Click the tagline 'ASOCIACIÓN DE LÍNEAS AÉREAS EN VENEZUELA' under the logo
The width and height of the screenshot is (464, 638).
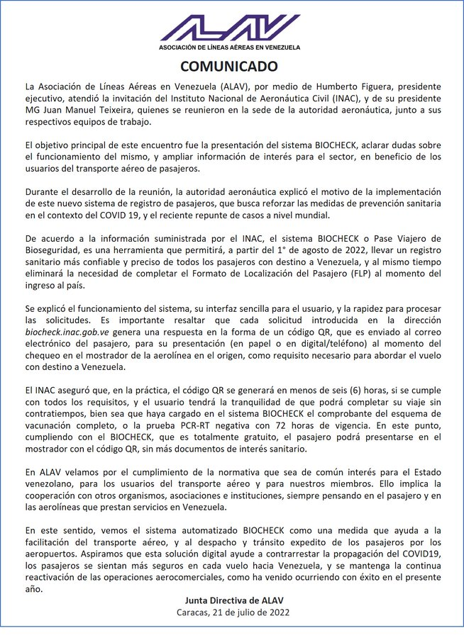pos(231,47)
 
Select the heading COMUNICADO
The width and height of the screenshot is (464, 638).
pos(231,68)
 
